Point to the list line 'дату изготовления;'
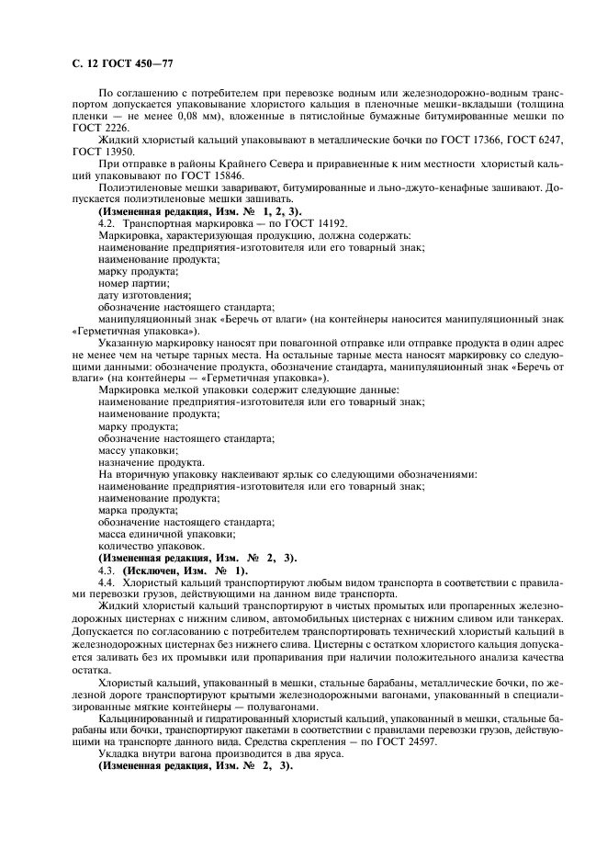pyautogui.click(x=144, y=295)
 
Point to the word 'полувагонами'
pyautogui.click(x=294, y=705)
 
